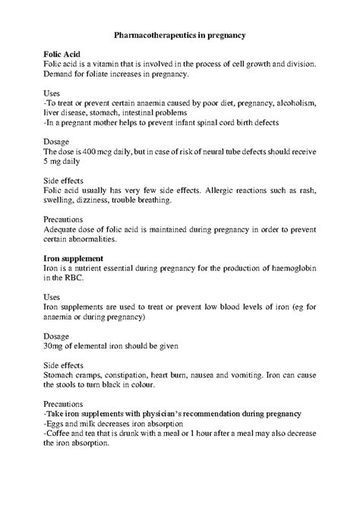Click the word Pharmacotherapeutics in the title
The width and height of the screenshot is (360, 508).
pos(154,35)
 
